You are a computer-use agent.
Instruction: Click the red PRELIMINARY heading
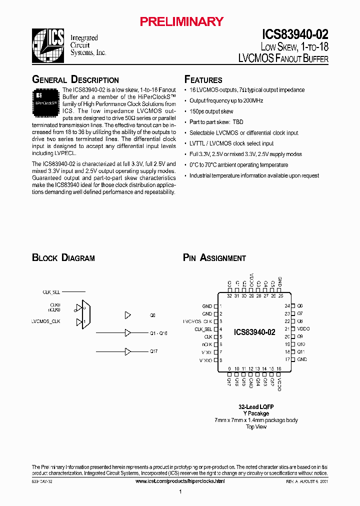[181, 21]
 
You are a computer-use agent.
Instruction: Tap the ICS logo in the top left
[48, 44]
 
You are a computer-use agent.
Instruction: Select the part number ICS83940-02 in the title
[295, 34]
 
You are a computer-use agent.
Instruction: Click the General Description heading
[75, 80]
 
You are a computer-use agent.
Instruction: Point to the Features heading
[203, 80]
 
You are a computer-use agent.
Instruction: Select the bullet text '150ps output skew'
[211, 111]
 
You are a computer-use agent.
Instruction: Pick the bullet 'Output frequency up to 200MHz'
[226, 100]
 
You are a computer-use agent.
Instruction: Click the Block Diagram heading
[63, 258]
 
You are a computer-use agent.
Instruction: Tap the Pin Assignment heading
[214, 258]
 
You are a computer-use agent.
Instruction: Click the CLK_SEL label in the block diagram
[51, 291]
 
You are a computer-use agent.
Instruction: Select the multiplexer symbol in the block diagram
[85, 314]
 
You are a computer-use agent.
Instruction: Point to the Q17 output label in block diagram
[153, 351]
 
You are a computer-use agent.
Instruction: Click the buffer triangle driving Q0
[127, 315]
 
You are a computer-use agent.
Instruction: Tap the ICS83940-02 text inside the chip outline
[254, 332]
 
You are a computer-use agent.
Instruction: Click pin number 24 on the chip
[287, 305]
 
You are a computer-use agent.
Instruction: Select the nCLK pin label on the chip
[207, 344]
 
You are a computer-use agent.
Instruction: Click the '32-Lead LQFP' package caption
[256, 406]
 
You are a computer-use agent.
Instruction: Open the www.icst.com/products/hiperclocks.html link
[180, 481]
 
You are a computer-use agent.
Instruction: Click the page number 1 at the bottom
[180, 492]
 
